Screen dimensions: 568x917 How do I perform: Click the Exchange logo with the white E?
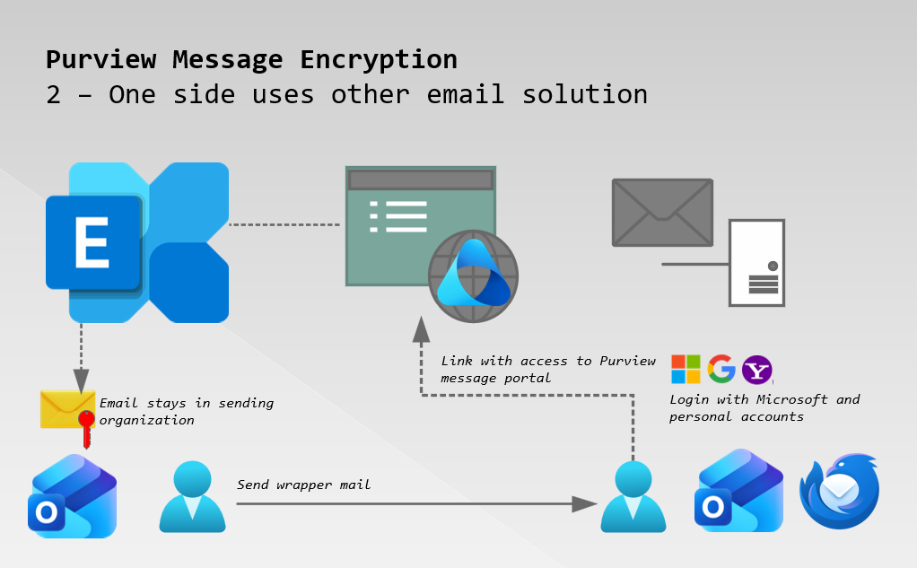click(136, 242)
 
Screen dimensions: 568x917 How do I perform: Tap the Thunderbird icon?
click(840, 490)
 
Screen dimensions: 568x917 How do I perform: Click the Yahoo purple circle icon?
click(757, 369)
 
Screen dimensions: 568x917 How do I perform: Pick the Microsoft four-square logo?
click(686, 369)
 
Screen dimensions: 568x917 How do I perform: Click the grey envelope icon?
click(662, 212)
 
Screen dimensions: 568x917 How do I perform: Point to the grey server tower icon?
click(756, 264)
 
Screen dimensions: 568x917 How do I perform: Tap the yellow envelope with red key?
click(69, 411)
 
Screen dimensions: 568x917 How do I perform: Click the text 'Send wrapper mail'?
click(303, 485)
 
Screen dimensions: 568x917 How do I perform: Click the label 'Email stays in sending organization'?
click(186, 411)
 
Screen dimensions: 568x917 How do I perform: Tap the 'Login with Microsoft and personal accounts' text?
click(764, 407)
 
